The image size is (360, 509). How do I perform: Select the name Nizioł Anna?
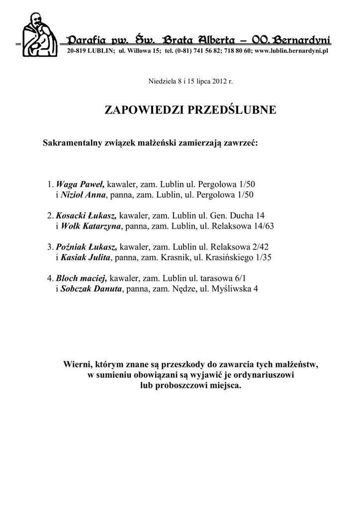click(83, 195)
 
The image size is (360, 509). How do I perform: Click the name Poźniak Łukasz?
click(87, 247)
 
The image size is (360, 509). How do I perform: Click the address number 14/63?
click(264, 226)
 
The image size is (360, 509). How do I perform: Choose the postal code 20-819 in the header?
click(77, 51)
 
